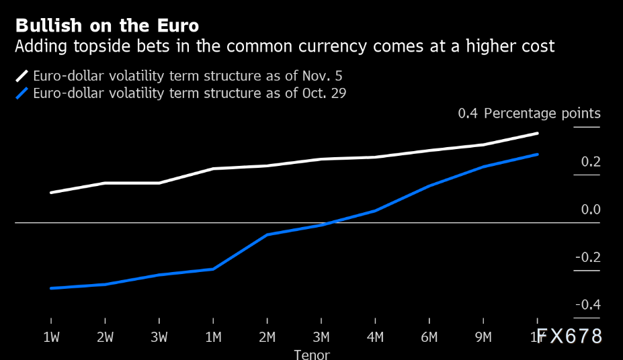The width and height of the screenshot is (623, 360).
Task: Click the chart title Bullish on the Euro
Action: click(x=107, y=26)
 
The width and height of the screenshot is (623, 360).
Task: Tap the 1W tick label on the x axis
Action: click(x=51, y=336)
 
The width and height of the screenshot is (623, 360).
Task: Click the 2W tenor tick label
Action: click(x=105, y=336)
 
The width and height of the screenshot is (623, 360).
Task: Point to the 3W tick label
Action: click(x=159, y=336)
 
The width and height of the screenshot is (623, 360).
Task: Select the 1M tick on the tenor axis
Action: click(x=213, y=336)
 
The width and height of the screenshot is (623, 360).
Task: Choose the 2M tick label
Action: click(x=267, y=336)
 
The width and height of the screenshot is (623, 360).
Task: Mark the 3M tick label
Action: click(x=321, y=336)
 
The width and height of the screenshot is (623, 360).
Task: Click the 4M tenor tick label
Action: click(x=375, y=336)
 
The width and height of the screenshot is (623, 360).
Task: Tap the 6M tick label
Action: click(x=429, y=336)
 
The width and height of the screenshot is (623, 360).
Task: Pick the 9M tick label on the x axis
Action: click(x=483, y=336)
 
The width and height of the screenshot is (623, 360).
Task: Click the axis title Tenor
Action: click(x=312, y=354)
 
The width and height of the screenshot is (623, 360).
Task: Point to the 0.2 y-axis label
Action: click(x=591, y=162)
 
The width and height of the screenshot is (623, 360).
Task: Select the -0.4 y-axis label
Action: click(x=588, y=305)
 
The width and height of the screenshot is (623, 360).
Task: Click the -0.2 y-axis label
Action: click(x=588, y=257)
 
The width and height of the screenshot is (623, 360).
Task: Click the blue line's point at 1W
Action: click(x=51, y=288)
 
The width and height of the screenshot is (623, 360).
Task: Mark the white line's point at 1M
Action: click(x=213, y=169)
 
